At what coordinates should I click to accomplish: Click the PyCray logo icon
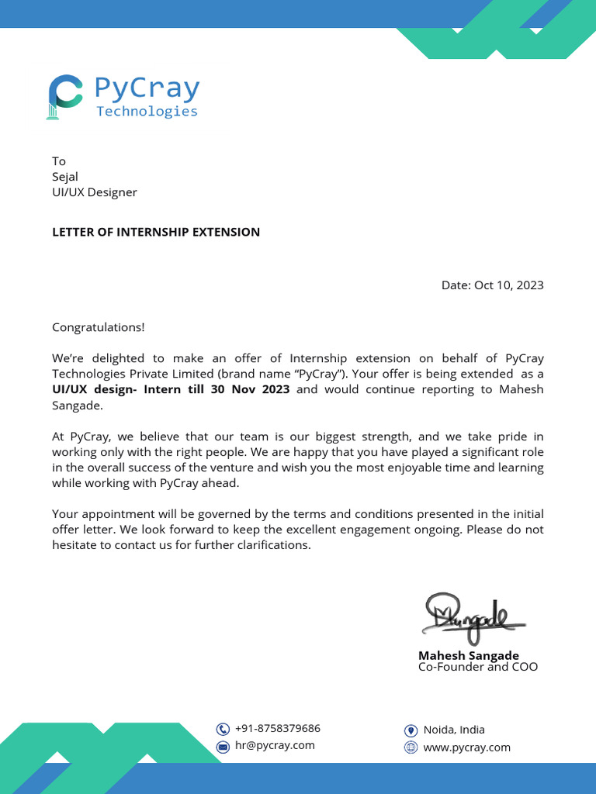click(x=64, y=97)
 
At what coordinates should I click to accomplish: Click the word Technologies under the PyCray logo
click(x=147, y=111)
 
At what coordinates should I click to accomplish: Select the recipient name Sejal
click(x=65, y=177)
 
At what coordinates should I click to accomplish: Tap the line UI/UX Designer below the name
click(x=94, y=192)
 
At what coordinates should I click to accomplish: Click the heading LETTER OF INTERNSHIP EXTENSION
click(x=156, y=232)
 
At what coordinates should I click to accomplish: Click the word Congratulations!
click(x=98, y=327)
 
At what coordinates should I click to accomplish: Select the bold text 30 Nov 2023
click(x=250, y=389)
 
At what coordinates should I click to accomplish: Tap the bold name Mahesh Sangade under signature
click(x=468, y=655)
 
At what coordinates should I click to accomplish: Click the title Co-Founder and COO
click(x=477, y=667)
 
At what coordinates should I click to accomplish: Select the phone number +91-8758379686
click(x=277, y=728)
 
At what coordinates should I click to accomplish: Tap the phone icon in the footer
click(x=223, y=729)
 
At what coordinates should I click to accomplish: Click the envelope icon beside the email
click(x=223, y=746)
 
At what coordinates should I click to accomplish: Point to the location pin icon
click(x=411, y=730)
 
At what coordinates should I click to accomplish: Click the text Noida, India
click(x=453, y=730)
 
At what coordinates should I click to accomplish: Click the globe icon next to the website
click(x=411, y=747)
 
